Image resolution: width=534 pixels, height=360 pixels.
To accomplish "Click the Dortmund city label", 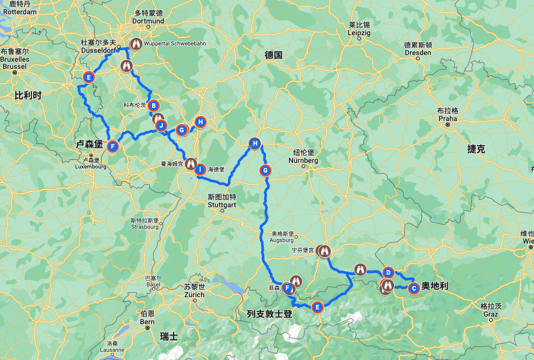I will point(149,21).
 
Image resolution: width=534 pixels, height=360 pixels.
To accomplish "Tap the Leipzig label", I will point(359,32).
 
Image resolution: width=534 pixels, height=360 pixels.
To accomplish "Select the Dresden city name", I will point(418,53).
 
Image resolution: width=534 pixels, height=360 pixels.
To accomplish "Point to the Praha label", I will point(448,118).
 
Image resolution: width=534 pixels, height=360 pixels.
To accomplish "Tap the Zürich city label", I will point(194,295).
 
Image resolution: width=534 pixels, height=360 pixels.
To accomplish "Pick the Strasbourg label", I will point(144,226).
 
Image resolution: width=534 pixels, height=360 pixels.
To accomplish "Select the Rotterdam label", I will point(19,11).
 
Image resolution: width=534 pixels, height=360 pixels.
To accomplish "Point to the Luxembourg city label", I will point(89,166).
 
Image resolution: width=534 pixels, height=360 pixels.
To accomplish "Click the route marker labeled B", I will point(154,105).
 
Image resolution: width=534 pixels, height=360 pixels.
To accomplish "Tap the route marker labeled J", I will point(161,125).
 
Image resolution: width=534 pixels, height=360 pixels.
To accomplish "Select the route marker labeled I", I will point(201,169).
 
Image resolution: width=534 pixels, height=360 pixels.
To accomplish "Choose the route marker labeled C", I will point(414,288).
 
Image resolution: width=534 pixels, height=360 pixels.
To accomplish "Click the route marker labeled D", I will point(388,272).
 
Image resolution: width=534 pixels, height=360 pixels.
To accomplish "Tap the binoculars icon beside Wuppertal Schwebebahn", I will point(136,44).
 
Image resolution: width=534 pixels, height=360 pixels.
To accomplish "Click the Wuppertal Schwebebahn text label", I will point(175,44).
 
